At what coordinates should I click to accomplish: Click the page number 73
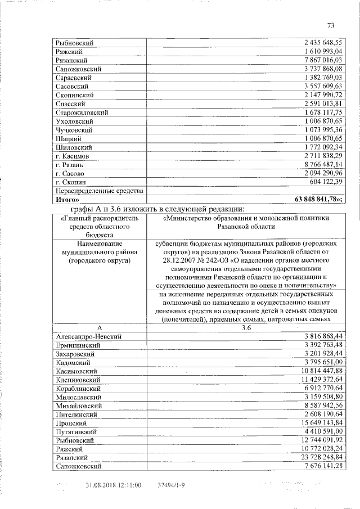331,25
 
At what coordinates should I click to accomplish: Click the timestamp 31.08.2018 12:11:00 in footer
113,485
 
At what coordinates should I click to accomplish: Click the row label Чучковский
75,130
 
